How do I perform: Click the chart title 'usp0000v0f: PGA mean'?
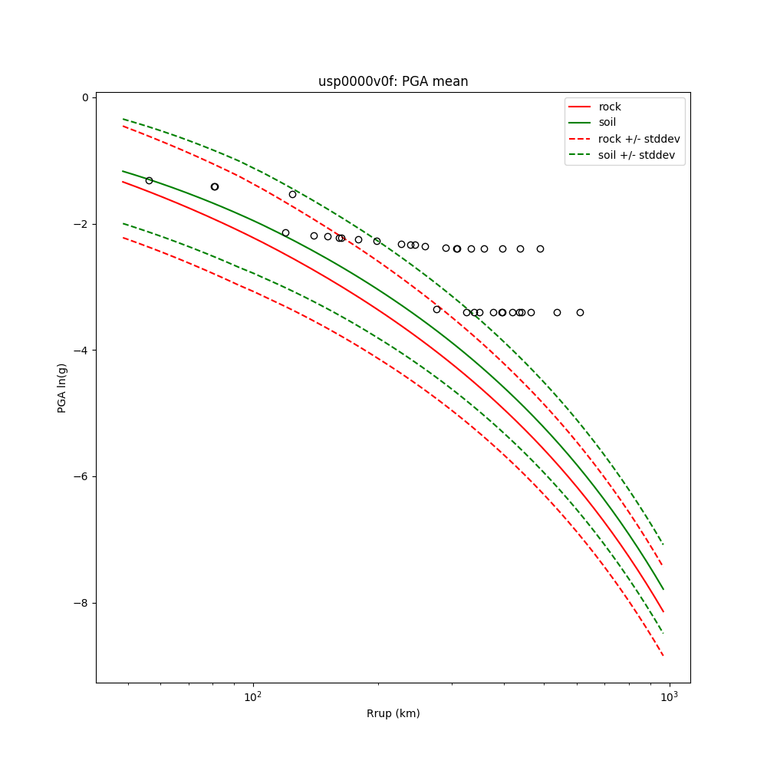(393, 82)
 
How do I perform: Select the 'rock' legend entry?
(610, 107)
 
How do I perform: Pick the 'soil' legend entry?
(607, 123)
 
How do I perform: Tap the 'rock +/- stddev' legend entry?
(639, 139)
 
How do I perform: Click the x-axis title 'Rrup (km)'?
(393, 713)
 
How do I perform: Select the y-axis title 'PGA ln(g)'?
(62, 388)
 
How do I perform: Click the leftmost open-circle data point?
(149, 180)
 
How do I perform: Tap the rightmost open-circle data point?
(580, 312)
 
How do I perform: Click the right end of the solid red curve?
(663, 611)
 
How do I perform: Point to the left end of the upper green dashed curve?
(123, 119)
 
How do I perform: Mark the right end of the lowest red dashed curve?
(663, 655)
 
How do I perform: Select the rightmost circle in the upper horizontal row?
(540, 249)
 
